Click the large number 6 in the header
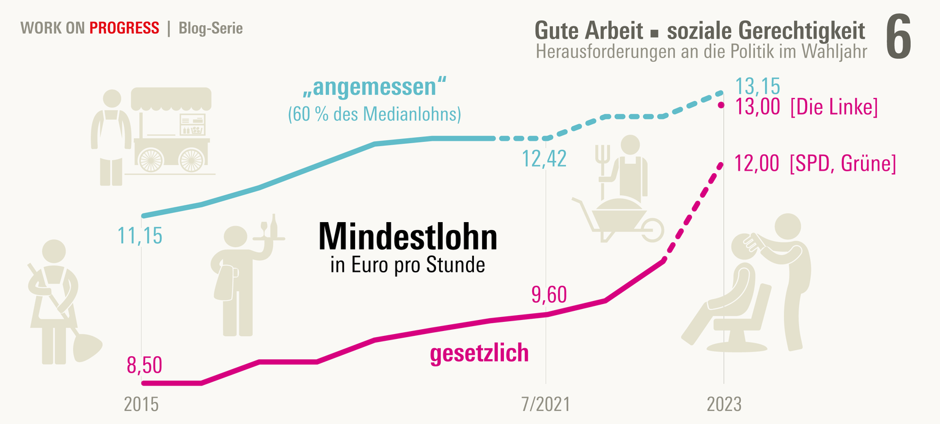pos(898,39)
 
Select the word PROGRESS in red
pos(124,28)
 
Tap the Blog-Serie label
pos(211,28)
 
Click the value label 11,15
pos(140,236)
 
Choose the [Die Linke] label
pos(834,108)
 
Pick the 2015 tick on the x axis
pos(141,404)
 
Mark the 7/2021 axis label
pos(545,404)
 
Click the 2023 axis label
pos(724,404)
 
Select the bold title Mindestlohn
pos(407,237)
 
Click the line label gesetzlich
pos(479,354)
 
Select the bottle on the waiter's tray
pos(274,225)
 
